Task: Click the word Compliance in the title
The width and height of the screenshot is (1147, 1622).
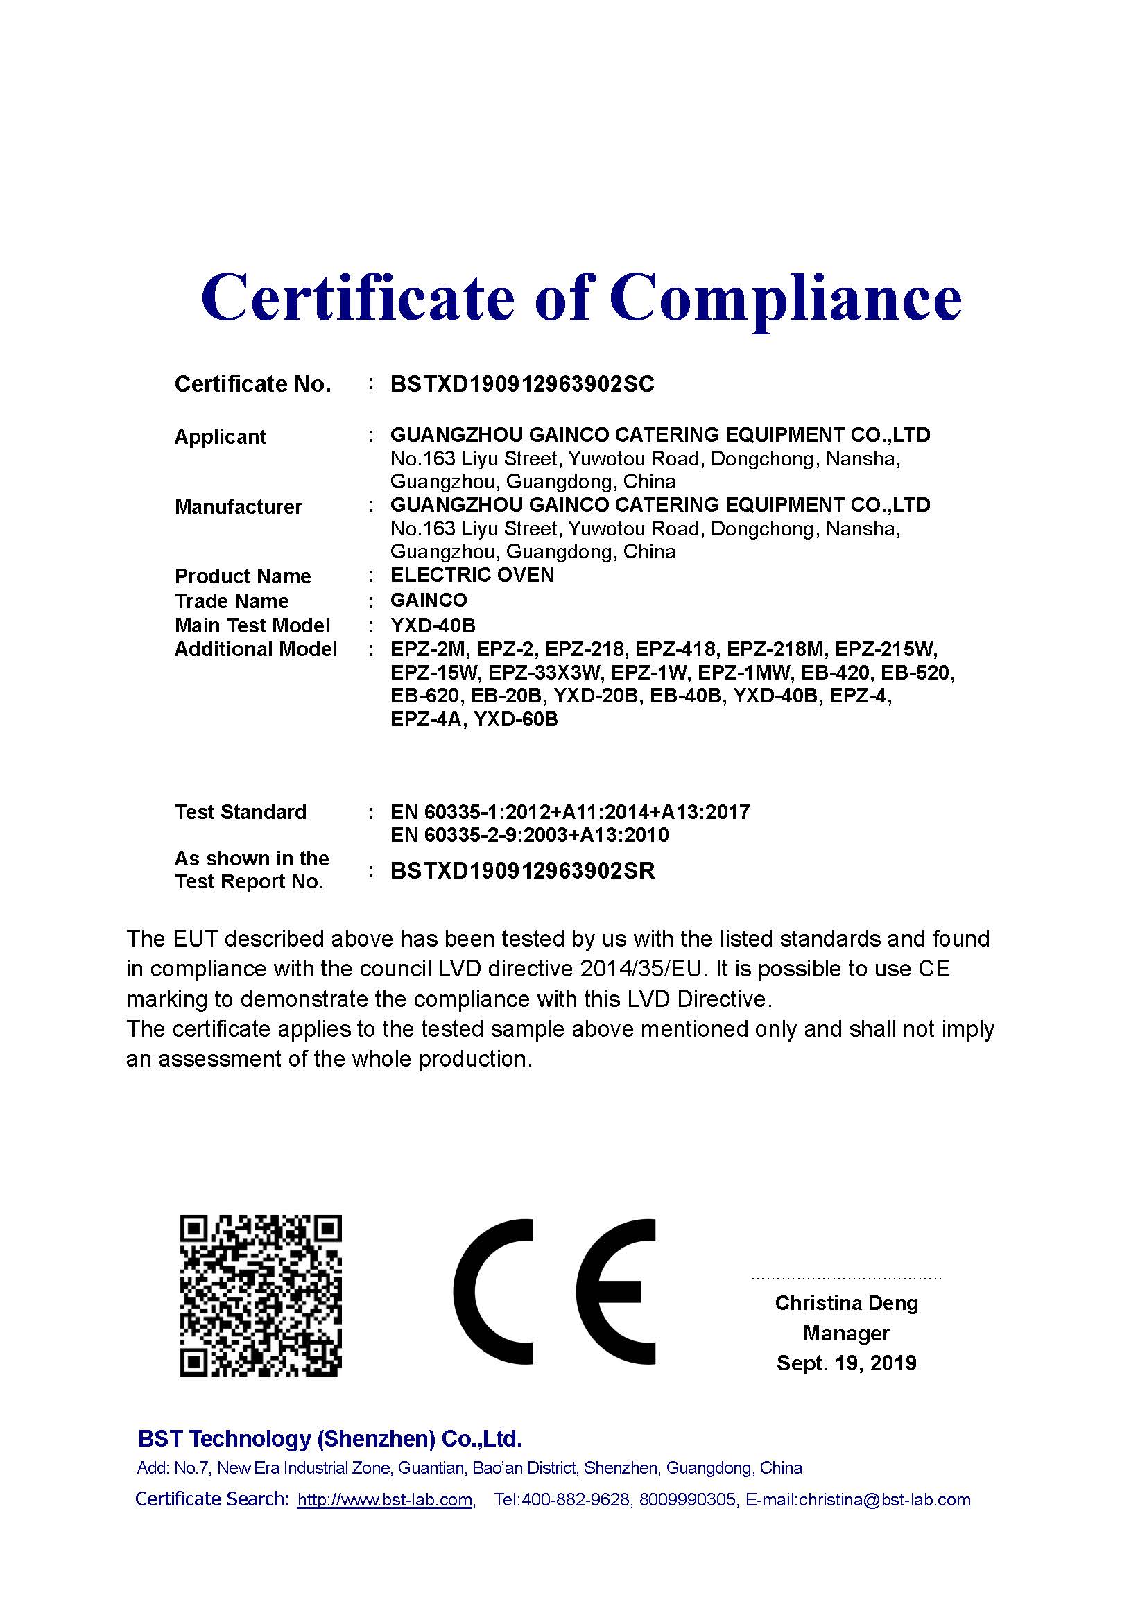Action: point(786,297)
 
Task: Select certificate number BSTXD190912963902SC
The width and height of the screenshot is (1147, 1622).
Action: point(522,383)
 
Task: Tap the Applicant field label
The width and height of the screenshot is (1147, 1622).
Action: point(221,437)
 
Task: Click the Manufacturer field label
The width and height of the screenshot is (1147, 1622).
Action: point(238,506)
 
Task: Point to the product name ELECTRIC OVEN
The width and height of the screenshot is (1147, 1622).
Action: point(472,575)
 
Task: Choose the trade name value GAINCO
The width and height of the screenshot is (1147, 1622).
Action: point(429,601)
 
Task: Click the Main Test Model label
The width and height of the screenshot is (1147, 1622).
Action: point(252,625)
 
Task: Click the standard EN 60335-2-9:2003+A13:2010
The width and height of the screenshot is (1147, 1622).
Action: point(529,835)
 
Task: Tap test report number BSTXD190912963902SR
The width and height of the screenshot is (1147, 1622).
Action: point(523,870)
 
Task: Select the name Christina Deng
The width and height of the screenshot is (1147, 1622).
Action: point(846,1303)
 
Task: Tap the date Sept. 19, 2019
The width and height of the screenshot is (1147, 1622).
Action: point(846,1363)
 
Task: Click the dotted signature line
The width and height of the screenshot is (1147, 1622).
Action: point(846,1278)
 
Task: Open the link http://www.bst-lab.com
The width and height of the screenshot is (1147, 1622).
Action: point(385,1500)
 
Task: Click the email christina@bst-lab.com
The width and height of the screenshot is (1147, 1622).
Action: point(884,1500)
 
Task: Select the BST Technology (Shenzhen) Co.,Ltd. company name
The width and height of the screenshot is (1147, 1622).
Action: point(330,1438)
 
